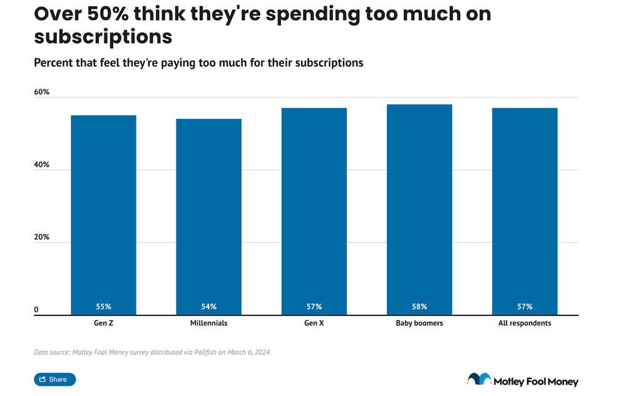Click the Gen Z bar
pos(103,213)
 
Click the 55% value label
pos(103,307)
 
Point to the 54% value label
pos(208,307)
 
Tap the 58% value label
pos(419,307)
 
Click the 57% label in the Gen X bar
pos(314,307)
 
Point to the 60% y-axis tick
pos(41,92)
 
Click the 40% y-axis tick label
pos(41,165)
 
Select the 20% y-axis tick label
pos(41,238)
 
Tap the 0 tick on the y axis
pos(36,310)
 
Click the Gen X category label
pos(314,323)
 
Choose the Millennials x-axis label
pos(208,323)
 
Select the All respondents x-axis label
pos(525,323)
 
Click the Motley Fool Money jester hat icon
pos(479,378)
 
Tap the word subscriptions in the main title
pos(103,36)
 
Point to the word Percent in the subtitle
pos(53,63)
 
